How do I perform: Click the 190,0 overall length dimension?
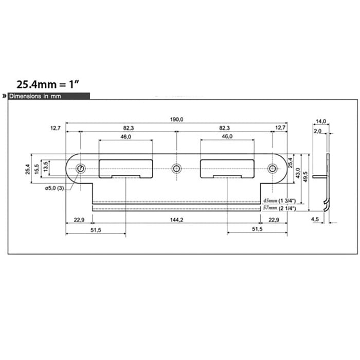(177, 119)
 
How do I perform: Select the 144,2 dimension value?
(176, 220)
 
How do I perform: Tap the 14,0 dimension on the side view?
(321, 121)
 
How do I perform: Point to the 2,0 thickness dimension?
(318, 131)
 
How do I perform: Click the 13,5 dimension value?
(46, 166)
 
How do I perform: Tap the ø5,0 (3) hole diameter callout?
(54, 189)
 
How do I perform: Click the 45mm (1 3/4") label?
(281, 200)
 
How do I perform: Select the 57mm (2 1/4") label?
(281, 208)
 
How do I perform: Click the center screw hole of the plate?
(176, 168)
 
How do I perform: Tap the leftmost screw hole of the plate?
(81, 168)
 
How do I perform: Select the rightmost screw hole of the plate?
(272, 168)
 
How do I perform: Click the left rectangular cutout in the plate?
(125, 168)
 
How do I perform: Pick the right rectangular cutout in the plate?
(227, 168)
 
